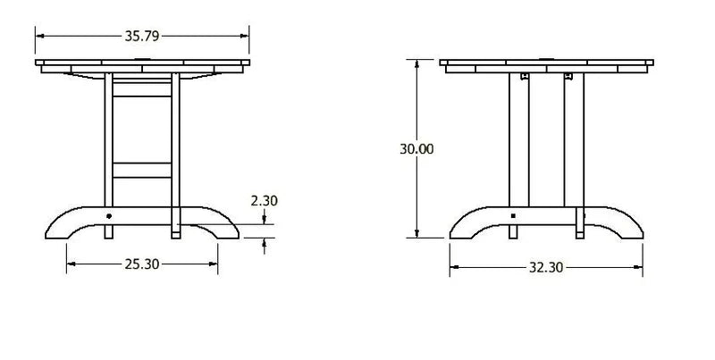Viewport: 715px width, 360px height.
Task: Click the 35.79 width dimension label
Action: tap(142, 36)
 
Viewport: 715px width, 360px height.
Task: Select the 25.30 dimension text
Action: tap(142, 264)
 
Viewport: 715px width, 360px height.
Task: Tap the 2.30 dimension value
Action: tap(264, 200)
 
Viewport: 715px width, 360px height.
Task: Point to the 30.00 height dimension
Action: tap(416, 149)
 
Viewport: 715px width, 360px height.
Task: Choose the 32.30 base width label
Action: tap(546, 267)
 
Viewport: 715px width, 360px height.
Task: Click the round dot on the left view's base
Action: tap(108, 216)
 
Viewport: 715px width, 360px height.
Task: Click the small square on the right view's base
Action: tap(513, 216)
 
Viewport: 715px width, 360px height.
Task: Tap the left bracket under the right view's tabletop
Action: tap(525, 76)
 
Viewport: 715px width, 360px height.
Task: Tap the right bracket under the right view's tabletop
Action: tap(568, 76)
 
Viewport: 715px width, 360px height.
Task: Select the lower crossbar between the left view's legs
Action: tap(142, 170)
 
